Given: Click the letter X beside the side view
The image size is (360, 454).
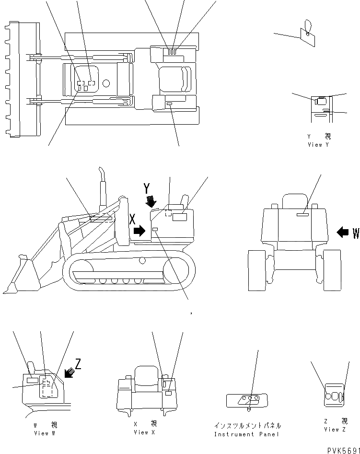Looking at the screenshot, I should pos(133,219).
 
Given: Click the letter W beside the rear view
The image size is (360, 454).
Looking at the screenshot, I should pos(356,233).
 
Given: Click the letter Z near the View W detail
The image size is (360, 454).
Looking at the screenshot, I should pos(78,364).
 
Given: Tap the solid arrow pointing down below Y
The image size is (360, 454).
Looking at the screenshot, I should pos(151,202).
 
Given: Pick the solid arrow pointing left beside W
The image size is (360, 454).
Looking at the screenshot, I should pos(343,233).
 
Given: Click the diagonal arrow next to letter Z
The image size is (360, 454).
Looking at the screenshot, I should pos(68,372).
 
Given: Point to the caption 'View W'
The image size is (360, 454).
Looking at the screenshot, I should pos(45,433).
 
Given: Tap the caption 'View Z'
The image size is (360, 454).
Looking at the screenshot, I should pos(331,429).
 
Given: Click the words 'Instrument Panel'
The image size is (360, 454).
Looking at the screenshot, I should pos(246,434).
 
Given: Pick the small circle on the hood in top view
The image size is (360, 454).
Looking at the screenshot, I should pos(106,83).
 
